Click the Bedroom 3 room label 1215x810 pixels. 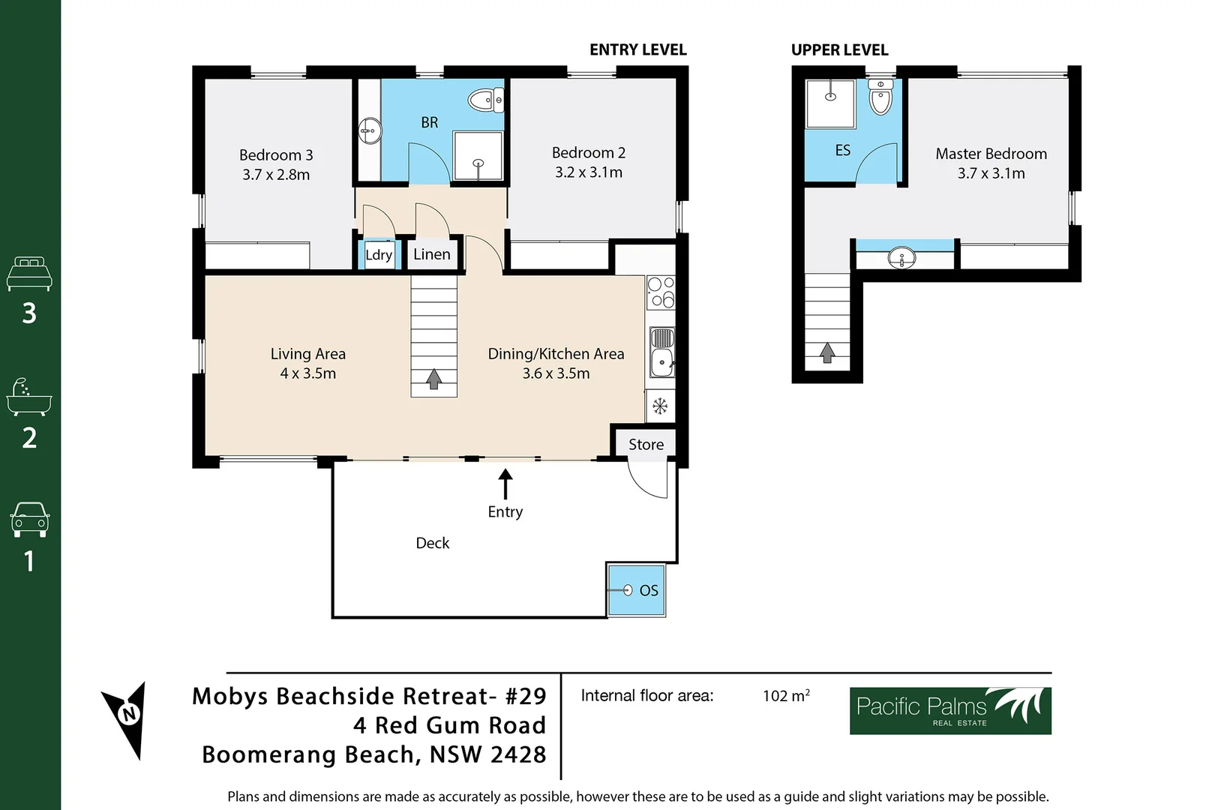click(x=276, y=155)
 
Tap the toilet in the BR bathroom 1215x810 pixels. click(x=484, y=100)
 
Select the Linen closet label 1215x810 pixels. click(x=432, y=254)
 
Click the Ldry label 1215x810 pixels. click(x=379, y=255)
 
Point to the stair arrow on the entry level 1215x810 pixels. click(x=433, y=379)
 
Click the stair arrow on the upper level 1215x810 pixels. click(x=827, y=352)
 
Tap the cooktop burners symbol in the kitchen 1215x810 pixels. click(x=661, y=292)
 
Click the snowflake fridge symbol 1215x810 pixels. click(x=660, y=406)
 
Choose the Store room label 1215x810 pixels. click(x=646, y=445)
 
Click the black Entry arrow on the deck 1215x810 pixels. click(x=505, y=484)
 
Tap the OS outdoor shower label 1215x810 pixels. click(x=649, y=591)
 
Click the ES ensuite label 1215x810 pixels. click(x=843, y=151)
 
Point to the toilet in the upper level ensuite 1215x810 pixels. click(x=880, y=98)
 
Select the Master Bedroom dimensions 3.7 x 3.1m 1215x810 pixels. click(x=991, y=173)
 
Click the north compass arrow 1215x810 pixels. click(x=127, y=717)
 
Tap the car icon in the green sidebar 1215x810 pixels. click(x=30, y=519)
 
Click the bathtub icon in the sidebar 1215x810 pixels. click(x=29, y=398)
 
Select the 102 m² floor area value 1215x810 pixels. click(x=786, y=696)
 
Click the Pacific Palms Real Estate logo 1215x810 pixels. click(x=950, y=710)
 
